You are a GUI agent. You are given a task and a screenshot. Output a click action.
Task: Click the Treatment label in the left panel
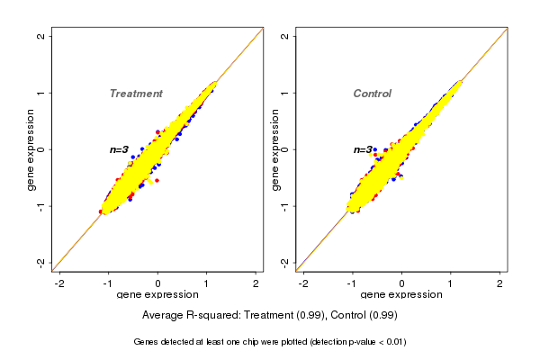tap(136, 94)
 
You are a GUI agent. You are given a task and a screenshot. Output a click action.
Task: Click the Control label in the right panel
tap(372, 94)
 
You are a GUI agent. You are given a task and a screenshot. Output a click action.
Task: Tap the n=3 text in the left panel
tap(119, 149)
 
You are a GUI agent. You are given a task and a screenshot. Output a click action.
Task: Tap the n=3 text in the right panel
tap(363, 149)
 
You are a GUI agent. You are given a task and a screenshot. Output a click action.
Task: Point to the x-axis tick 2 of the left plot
tap(256, 283)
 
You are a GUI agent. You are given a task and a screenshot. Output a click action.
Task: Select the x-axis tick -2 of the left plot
tap(59, 283)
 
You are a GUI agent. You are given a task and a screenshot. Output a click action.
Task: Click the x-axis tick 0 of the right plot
tap(401, 283)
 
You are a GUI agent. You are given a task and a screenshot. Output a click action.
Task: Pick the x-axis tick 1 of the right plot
tap(451, 283)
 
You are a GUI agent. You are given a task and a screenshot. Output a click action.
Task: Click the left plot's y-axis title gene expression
tap(31, 149)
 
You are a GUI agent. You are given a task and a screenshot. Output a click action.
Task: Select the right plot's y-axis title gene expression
tap(274, 149)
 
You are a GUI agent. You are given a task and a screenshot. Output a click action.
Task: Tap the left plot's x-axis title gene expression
tap(157, 295)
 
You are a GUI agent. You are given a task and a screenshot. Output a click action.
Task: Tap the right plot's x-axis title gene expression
tap(401, 295)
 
